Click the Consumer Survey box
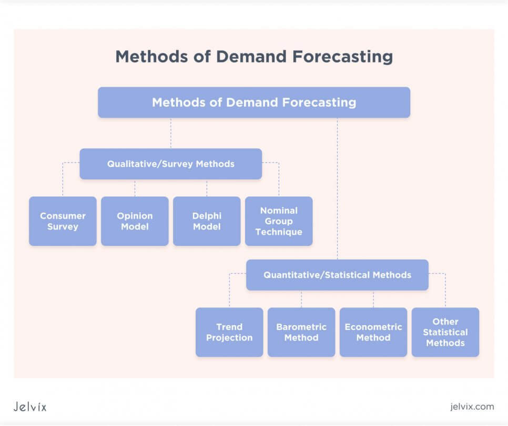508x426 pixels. click(x=63, y=221)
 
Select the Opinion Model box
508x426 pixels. click(x=135, y=221)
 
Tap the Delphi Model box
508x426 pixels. click(x=207, y=221)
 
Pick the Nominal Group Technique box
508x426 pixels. click(x=279, y=221)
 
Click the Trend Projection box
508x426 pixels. click(x=229, y=332)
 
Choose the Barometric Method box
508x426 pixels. click(x=301, y=332)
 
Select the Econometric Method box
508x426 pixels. click(x=373, y=332)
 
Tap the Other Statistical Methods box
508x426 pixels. click(x=445, y=332)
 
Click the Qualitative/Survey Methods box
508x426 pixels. click(x=170, y=164)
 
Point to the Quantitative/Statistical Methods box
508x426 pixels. click(x=337, y=275)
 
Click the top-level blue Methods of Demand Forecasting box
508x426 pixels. click(x=254, y=102)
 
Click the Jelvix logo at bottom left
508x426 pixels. click(x=30, y=407)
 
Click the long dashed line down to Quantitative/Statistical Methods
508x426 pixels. click(x=337, y=189)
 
